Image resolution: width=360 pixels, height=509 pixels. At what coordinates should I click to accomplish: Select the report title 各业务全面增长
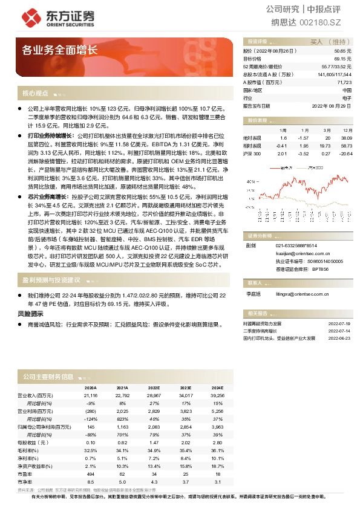coord(59,50)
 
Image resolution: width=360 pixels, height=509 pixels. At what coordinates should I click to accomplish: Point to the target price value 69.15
coord(343,59)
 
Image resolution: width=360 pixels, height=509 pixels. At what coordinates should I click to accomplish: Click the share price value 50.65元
coord(342,52)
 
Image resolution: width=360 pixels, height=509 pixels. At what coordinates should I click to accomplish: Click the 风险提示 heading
coord(30,314)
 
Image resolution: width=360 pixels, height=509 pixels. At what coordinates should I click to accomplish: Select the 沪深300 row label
coord(252,154)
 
